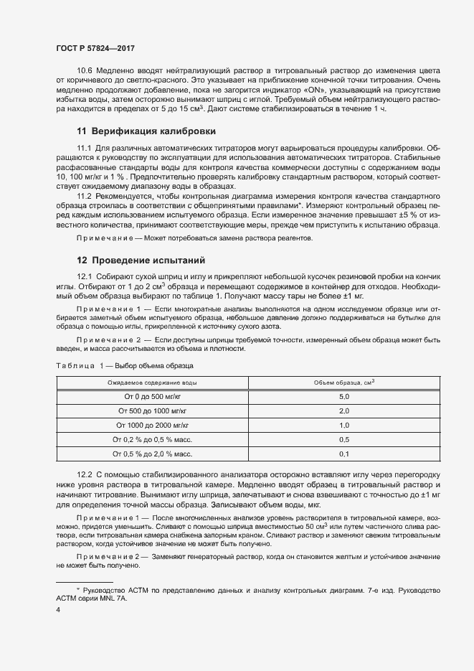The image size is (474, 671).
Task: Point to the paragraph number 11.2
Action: click(x=85, y=195)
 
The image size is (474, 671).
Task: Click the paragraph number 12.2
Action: click(x=85, y=476)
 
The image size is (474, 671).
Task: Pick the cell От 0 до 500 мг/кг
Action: click(x=152, y=397)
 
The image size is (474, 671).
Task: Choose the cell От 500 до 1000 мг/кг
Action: click(x=152, y=411)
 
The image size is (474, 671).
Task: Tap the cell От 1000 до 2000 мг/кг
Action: click(x=152, y=426)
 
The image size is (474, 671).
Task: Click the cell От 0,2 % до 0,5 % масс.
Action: click(x=152, y=440)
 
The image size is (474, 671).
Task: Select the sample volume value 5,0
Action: click(x=343, y=397)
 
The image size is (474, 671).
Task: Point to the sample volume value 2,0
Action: click(x=343, y=411)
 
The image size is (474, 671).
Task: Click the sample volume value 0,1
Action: click(x=343, y=454)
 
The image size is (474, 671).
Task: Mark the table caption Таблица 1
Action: click(x=77, y=366)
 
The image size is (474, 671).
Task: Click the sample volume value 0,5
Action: click(x=343, y=440)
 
